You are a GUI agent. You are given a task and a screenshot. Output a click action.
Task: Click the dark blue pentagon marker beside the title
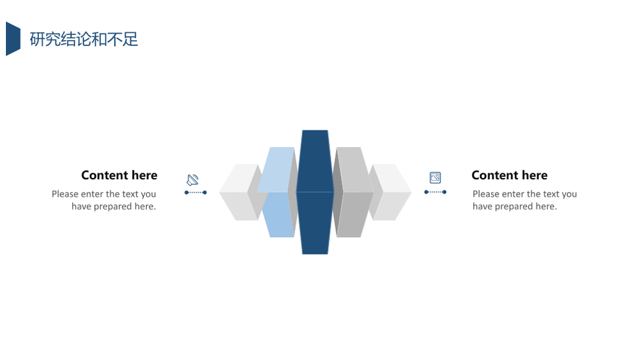point(13,39)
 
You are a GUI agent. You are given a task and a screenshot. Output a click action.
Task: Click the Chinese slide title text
point(83,39)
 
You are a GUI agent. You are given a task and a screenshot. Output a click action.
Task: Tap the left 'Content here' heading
point(119,175)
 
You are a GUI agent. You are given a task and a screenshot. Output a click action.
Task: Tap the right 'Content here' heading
point(509,175)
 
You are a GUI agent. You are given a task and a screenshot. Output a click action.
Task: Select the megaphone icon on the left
point(193,179)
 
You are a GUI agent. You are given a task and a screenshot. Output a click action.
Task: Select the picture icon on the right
point(435,177)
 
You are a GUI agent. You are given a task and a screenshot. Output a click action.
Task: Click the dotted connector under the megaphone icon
point(196,192)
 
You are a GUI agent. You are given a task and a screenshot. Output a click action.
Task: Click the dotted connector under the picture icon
point(435,192)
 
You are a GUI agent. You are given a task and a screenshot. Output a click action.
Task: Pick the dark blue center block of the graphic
point(315,192)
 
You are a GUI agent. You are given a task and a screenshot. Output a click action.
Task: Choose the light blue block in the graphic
point(277,192)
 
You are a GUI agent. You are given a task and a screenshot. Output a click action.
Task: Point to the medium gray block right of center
point(353,192)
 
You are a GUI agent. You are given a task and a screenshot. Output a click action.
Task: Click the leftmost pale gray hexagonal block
point(239,192)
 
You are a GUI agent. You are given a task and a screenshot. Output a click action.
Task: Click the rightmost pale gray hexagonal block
point(390,192)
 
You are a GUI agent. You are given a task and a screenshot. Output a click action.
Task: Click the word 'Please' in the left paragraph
point(66,194)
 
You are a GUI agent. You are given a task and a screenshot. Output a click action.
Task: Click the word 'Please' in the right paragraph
point(486,194)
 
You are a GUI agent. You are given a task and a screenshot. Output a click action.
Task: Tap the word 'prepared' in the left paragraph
point(112,207)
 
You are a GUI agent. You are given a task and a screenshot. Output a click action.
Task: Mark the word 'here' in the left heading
point(145,175)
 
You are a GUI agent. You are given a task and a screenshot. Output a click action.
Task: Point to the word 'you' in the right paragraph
point(569,194)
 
